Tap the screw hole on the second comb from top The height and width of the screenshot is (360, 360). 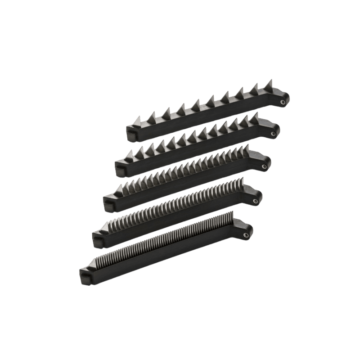(273, 134)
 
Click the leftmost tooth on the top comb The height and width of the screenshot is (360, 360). (137, 121)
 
